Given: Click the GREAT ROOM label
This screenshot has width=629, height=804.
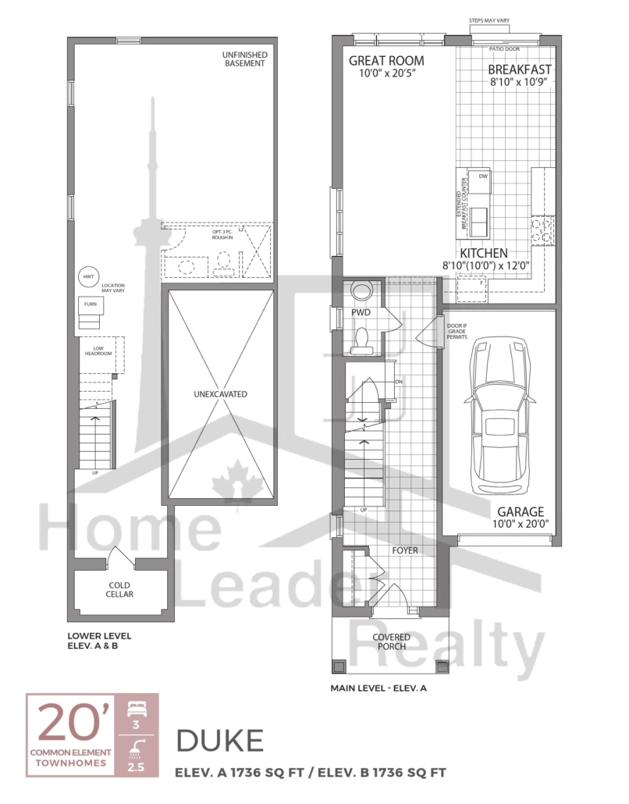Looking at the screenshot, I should click(386, 61).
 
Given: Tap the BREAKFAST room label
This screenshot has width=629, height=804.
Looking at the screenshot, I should click(520, 69).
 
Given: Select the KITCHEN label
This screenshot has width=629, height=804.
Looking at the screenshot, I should click(484, 254).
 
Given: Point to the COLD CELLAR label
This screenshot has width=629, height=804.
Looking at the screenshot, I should click(120, 589).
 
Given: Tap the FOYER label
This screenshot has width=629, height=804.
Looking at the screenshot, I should click(405, 550).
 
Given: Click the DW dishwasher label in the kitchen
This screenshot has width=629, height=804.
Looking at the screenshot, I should click(482, 176).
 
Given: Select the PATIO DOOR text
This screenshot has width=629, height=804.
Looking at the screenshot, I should click(504, 48).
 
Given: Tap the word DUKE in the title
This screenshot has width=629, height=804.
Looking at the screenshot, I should click(219, 741).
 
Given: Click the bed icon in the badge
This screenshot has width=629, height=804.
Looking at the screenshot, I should click(137, 708).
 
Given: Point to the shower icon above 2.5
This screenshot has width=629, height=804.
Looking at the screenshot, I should click(137, 749).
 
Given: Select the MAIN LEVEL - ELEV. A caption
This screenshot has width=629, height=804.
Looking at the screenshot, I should click(378, 689).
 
